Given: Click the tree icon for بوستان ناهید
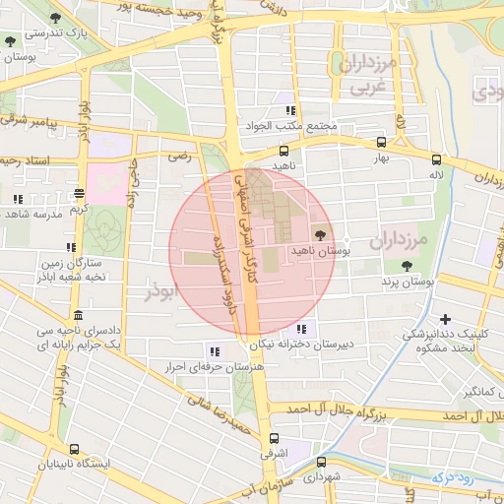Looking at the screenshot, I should tap(320, 233).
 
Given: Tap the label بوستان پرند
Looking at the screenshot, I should tap(408, 282).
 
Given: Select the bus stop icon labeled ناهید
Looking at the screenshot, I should tap(283, 152).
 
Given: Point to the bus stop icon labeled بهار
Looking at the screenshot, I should tap(381, 143).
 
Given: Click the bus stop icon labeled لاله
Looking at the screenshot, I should tap(436, 159).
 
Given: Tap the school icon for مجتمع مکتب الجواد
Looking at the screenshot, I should tap(289, 111).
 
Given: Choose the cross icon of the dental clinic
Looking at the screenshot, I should tap(446, 319).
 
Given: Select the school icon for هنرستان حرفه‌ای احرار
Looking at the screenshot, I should tap(214, 350).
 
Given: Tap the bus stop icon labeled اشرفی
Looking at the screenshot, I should tap(273, 439).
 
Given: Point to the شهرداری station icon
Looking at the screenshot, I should tap(322, 462).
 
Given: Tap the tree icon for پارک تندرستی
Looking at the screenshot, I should tap(10, 41).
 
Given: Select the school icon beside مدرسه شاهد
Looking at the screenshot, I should tap(18, 199).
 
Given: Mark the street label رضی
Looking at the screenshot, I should tap(179, 155).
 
